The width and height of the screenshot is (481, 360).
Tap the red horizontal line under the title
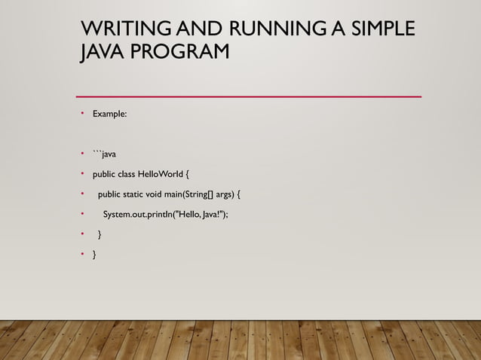coord(249,96)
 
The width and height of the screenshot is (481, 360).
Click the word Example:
coord(110,114)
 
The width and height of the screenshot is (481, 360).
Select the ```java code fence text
coord(104,154)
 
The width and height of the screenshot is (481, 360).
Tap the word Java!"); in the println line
coord(213,215)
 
